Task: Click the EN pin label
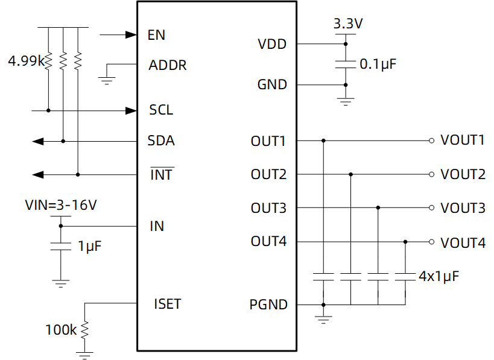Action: coord(156,35)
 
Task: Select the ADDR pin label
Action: coord(168,65)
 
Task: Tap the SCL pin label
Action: coord(161,110)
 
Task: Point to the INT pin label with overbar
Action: coord(161,175)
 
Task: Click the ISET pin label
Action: coord(167,304)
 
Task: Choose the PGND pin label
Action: coord(268,305)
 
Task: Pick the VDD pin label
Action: coord(272,44)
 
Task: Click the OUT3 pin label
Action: coord(268,209)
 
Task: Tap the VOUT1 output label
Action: coord(463,141)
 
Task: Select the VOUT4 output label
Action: coord(463,243)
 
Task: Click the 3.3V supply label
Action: coord(348,25)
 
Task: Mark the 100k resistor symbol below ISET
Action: coord(85,329)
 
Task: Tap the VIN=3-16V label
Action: coord(61,206)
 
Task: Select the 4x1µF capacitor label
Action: coord(439,277)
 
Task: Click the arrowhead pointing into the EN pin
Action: coord(131,35)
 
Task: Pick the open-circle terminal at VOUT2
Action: coord(431,174)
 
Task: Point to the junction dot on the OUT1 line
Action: coord(324,141)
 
